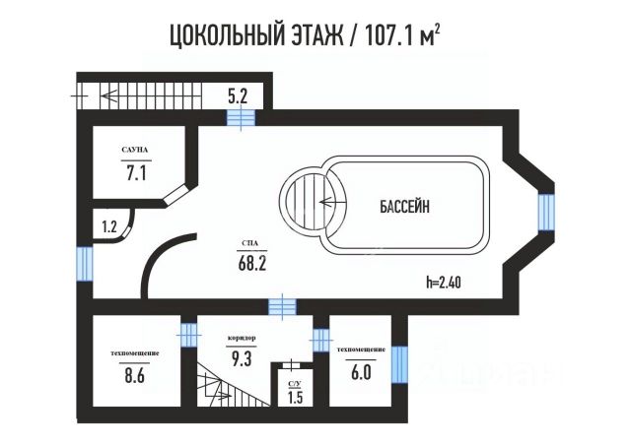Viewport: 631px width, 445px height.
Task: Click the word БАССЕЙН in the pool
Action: click(x=405, y=207)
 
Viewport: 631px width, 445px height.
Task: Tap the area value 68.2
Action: click(x=251, y=263)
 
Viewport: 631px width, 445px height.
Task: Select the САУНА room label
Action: click(x=135, y=150)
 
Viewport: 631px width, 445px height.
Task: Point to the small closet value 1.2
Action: click(x=109, y=226)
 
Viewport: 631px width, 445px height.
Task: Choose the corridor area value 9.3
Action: click(x=242, y=359)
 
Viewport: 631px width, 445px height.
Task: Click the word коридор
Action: click(x=242, y=338)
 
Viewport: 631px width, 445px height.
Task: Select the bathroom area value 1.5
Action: click(x=295, y=398)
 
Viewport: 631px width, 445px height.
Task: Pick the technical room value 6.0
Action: click(x=360, y=372)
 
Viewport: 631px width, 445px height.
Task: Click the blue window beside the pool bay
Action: click(x=545, y=211)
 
